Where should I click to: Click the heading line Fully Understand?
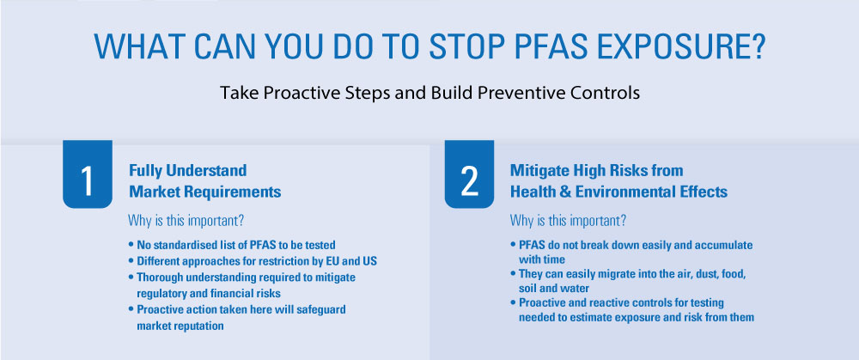187,170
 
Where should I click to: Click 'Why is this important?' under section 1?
186,218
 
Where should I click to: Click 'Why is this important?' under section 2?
568,218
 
